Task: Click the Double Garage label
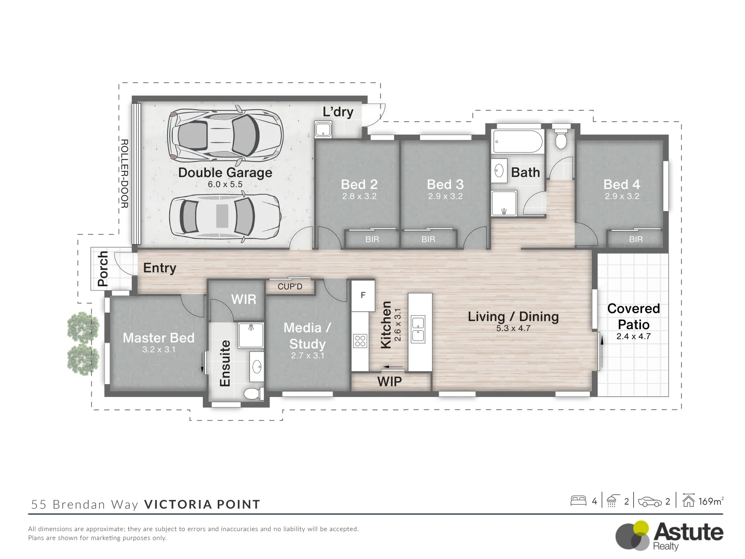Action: coord(225,173)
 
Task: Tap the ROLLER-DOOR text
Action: coord(124,173)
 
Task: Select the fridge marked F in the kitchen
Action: coord(363,296)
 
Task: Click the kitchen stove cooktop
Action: coord(360,341)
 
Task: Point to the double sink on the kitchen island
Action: coord(418,329)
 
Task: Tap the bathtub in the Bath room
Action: coord(517,141)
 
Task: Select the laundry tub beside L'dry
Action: coord(323,129)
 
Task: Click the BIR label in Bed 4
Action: coord(636,239)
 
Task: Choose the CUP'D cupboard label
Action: coord(290,286)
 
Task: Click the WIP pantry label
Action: coord(390,382)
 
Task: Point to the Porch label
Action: coord(103,269)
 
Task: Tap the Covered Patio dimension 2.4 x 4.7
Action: coord(633,336)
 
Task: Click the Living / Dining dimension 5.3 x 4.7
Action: coord(513,328)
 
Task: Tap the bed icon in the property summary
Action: coord(578,501)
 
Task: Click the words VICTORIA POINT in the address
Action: coord(202,505)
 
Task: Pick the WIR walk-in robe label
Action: coord(243,299)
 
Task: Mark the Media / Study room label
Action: coord(307,336)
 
